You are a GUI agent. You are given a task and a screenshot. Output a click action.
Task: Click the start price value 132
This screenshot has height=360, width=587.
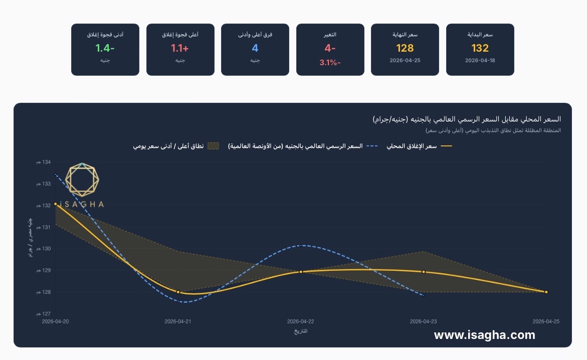coord(480,48)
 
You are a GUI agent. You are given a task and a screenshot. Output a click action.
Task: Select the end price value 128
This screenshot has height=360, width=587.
coord(405,48)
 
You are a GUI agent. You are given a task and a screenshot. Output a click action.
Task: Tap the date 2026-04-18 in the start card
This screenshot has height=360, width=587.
coord(480,60)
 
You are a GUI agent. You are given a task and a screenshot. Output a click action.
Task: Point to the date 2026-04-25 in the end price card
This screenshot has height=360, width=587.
coord(405,60)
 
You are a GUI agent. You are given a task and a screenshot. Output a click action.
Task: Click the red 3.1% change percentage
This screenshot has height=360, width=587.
coord(330,63)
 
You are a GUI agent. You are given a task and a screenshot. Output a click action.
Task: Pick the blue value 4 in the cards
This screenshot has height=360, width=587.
coord(255,48)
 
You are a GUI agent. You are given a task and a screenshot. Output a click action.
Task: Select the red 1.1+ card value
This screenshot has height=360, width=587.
coord(179,48)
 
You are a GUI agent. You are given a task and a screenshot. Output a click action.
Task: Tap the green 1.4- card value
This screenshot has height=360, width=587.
coord(105,48)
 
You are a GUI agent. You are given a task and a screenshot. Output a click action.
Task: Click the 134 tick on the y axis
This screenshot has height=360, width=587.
coord(44,162)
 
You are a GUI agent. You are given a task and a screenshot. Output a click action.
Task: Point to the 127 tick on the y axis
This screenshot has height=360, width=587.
coord(44,313)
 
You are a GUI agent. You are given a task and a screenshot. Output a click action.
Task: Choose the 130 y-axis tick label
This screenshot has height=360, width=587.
coord(44,249)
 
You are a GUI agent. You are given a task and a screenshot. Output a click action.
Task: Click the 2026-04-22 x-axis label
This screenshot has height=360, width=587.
coord(301,321)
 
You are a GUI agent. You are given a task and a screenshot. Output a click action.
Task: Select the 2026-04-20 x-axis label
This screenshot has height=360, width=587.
coord(56,321)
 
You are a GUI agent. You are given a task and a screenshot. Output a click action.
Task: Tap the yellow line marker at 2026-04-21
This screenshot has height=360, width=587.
coord(178,292)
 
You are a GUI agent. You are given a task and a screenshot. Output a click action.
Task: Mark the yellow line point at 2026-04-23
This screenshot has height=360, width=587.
coord(424,272)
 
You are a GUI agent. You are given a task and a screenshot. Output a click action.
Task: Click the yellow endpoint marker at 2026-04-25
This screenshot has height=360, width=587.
coord(546,292)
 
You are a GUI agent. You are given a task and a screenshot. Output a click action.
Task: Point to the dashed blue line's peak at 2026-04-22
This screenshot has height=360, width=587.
coord(301,246)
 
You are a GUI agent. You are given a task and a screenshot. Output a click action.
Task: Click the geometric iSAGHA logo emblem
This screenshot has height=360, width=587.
coord(82,180)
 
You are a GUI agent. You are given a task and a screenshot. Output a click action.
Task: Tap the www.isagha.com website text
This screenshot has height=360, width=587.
coord(484,335)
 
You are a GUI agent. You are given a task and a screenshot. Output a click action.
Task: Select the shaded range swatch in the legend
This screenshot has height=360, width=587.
coord(213,146)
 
